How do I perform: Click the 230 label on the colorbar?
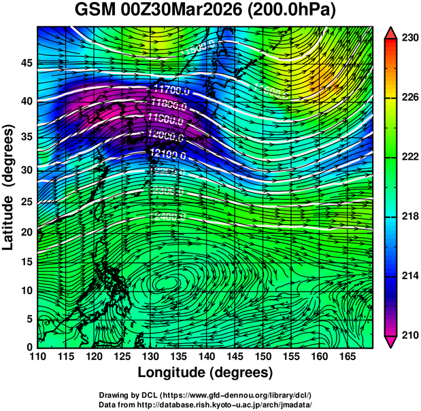409,39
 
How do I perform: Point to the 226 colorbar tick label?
409,98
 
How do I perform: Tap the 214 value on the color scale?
409,276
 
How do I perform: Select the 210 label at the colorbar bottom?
409,336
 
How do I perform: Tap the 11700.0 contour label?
171,90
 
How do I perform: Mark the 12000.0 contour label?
165,135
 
